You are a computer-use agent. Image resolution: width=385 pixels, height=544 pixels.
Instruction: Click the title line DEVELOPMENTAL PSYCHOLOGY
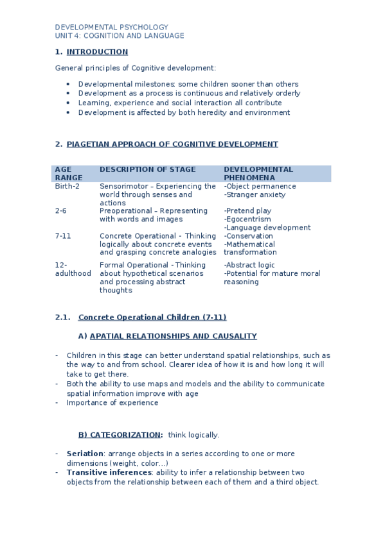pos(111,27)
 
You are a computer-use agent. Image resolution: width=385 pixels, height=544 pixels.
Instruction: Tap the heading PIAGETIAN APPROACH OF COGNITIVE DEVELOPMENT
pos(172,144)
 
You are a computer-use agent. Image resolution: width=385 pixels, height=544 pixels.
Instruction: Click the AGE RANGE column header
pos(69,173)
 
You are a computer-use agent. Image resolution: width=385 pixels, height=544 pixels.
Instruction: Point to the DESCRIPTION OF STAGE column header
pos(147,169)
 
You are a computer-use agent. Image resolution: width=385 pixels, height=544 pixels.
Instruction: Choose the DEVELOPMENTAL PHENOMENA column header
pos(258,173)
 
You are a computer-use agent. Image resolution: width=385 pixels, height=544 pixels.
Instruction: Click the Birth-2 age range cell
pos(67,186)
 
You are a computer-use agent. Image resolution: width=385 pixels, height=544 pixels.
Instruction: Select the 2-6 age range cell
pos(60,210)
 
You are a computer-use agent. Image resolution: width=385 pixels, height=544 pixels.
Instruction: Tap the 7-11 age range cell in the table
pos(63,235)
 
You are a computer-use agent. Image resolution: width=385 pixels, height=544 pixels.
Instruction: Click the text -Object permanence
pos(260,186)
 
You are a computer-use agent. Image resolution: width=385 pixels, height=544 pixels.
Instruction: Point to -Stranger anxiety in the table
pos(255,194)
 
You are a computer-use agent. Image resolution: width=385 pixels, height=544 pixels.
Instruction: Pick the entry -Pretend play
pos(247,210)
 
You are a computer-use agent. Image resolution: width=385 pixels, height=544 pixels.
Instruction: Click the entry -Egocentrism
pos(247,219)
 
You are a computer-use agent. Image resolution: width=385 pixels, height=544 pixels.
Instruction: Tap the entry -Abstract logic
pos(249,265)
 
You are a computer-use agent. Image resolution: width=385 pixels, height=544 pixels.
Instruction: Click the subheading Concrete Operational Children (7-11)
pos(152,317)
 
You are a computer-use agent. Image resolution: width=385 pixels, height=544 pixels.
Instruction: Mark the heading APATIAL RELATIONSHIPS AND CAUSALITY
pos(173,336)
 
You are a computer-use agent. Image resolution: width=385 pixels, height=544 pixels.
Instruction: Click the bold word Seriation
pos(85,453)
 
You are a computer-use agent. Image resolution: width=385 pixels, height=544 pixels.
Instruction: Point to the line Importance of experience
pos(112,403)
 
